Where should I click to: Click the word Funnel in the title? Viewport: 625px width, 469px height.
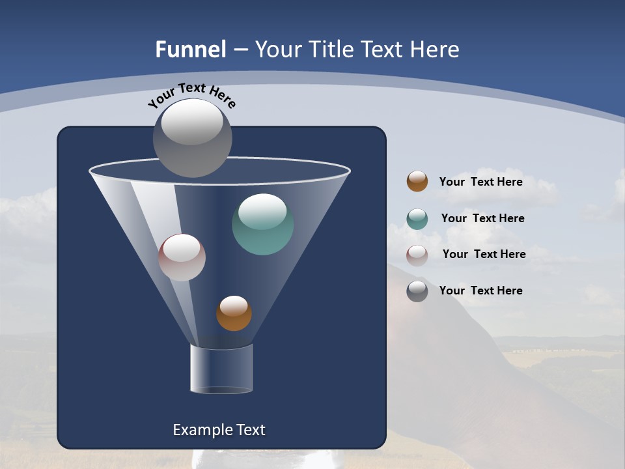coord(190,50)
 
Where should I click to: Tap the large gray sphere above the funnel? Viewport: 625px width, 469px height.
coord(193,138)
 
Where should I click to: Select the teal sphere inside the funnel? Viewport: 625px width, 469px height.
coord(262,225)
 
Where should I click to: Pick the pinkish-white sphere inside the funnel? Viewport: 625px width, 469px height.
coord(182,258)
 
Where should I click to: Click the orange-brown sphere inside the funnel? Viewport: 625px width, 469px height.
coord(234,314)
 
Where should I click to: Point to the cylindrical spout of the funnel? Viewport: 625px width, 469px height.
coord(221,369)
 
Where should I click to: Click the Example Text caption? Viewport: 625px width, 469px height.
coord(219,430)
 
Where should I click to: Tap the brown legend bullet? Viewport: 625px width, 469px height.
coord(417,182)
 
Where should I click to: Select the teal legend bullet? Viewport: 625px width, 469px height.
coord(417,219)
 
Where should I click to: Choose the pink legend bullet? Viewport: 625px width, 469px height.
coord(417,255)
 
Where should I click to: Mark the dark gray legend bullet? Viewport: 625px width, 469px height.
coord(417,291)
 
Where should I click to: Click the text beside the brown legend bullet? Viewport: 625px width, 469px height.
coord(480,182)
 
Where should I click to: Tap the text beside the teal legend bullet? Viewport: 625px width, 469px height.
coord(482,218)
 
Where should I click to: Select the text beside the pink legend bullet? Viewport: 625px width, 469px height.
coord(484,254)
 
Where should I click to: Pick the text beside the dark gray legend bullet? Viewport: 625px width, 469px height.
coord(480,291)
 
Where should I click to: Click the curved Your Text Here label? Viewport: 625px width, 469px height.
coord(192,94)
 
